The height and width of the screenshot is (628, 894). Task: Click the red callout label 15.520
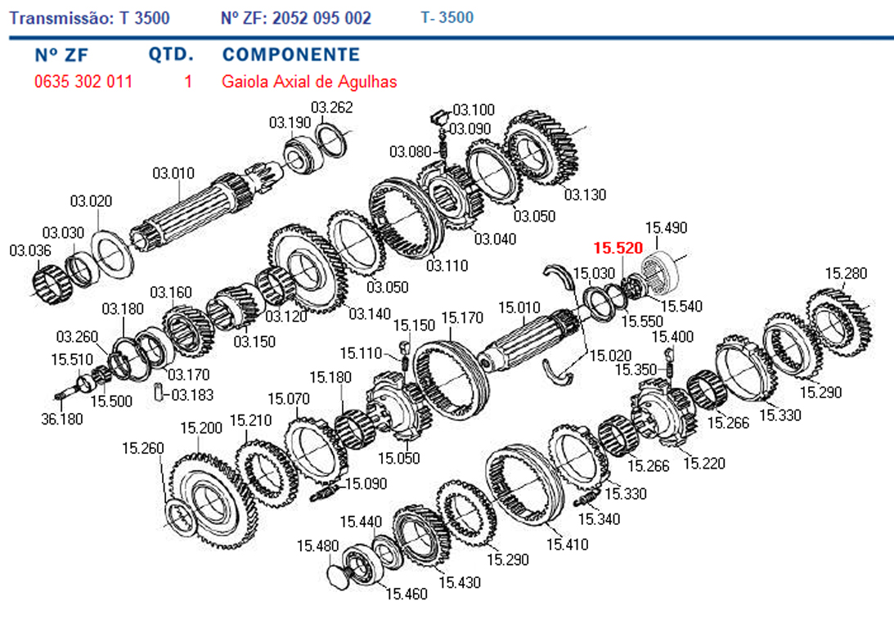618,248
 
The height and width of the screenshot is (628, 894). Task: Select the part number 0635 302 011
83,82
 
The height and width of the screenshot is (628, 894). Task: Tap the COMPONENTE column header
291,54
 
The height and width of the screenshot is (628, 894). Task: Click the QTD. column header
171,54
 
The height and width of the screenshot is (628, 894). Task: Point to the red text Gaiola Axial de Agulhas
309,82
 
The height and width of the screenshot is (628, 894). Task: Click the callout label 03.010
173,173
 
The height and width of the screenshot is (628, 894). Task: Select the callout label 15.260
143,448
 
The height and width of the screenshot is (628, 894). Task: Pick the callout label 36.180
62,419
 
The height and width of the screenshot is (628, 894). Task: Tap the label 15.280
846,274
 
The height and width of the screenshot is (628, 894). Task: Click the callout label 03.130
586,195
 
